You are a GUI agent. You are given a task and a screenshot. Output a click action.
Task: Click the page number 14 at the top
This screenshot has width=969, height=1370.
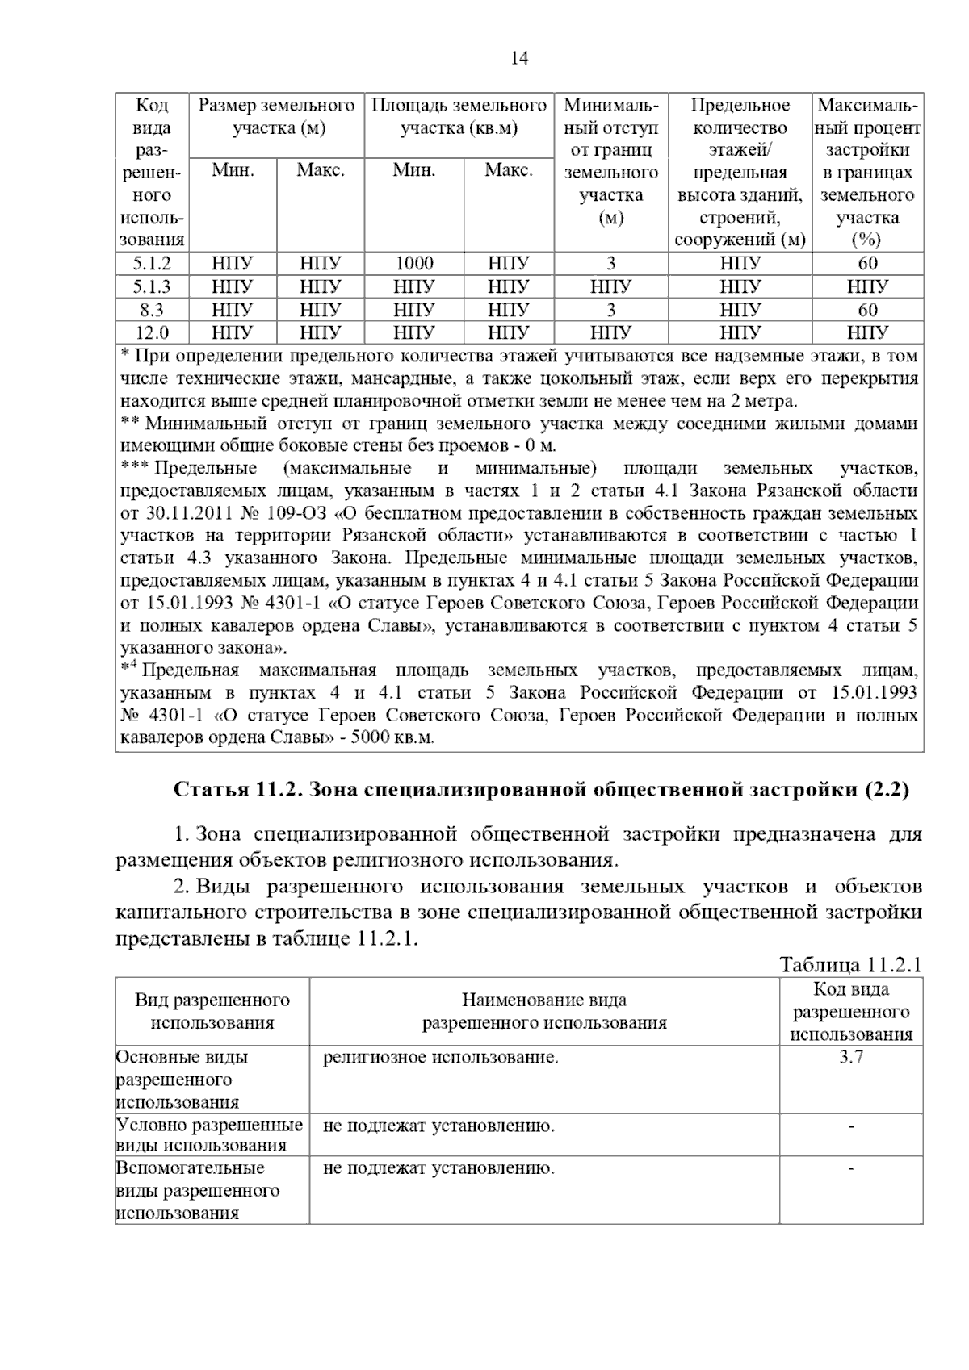[520, 58]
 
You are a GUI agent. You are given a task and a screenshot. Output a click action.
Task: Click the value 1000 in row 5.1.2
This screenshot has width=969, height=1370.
[414, 263]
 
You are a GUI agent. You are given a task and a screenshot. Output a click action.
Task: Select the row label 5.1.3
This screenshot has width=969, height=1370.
[152, 286]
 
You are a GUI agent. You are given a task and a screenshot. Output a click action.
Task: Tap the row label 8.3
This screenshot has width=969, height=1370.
[152, 310]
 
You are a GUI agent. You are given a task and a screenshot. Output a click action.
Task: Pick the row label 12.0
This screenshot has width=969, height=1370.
[152, 332]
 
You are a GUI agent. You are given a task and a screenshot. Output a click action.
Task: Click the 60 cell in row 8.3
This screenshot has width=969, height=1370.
[868, 310]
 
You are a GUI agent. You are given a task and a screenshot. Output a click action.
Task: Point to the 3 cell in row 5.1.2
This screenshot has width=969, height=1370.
[611, 263]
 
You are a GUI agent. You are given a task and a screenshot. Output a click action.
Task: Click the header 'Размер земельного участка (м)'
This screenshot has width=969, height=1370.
[277, 117]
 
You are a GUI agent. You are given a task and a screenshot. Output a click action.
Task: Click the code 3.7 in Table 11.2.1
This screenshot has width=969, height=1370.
[851, 1057]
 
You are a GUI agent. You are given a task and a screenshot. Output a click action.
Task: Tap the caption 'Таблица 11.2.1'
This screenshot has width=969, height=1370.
[850, 965]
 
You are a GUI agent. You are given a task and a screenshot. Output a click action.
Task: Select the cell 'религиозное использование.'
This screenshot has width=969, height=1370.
[440, 1057]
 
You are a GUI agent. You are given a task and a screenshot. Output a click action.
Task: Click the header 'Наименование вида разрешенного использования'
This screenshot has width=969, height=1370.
[544, 1012]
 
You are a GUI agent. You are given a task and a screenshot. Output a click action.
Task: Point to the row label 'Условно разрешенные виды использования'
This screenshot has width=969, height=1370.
[210, 1135]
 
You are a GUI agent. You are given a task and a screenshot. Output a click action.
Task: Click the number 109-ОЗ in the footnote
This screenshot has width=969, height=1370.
[289, 513]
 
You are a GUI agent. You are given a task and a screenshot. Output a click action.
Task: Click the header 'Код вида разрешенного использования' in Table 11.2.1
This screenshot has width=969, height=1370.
[851, 1012]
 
